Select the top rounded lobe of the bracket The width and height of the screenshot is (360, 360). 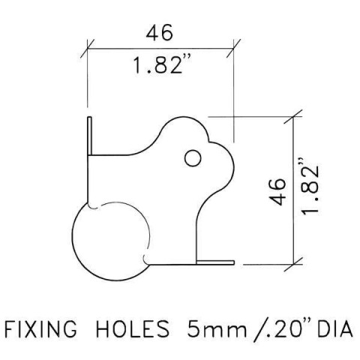coord(184,127)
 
